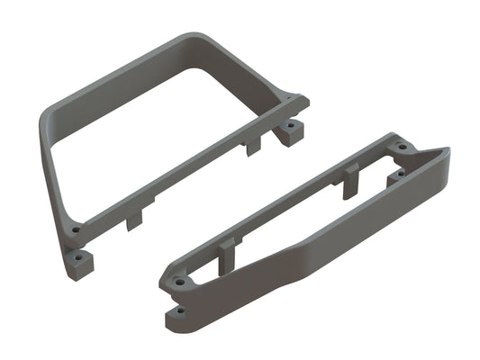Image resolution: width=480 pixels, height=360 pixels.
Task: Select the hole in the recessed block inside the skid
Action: [x=394, y=177]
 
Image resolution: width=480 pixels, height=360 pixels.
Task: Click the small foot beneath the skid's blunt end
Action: [x=178, y=311]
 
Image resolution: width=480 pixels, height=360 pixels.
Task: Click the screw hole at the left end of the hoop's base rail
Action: [x=76, y=230]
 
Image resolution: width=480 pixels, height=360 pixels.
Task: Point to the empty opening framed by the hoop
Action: [x=162, y=126]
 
